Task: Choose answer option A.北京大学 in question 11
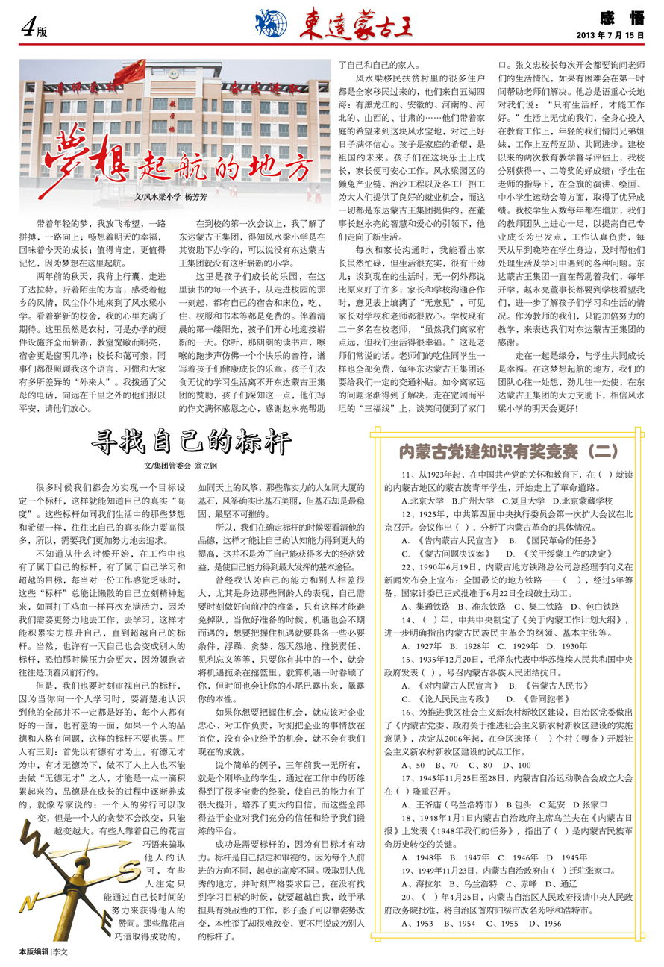click(423, 501)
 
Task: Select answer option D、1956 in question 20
click(548, 923)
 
